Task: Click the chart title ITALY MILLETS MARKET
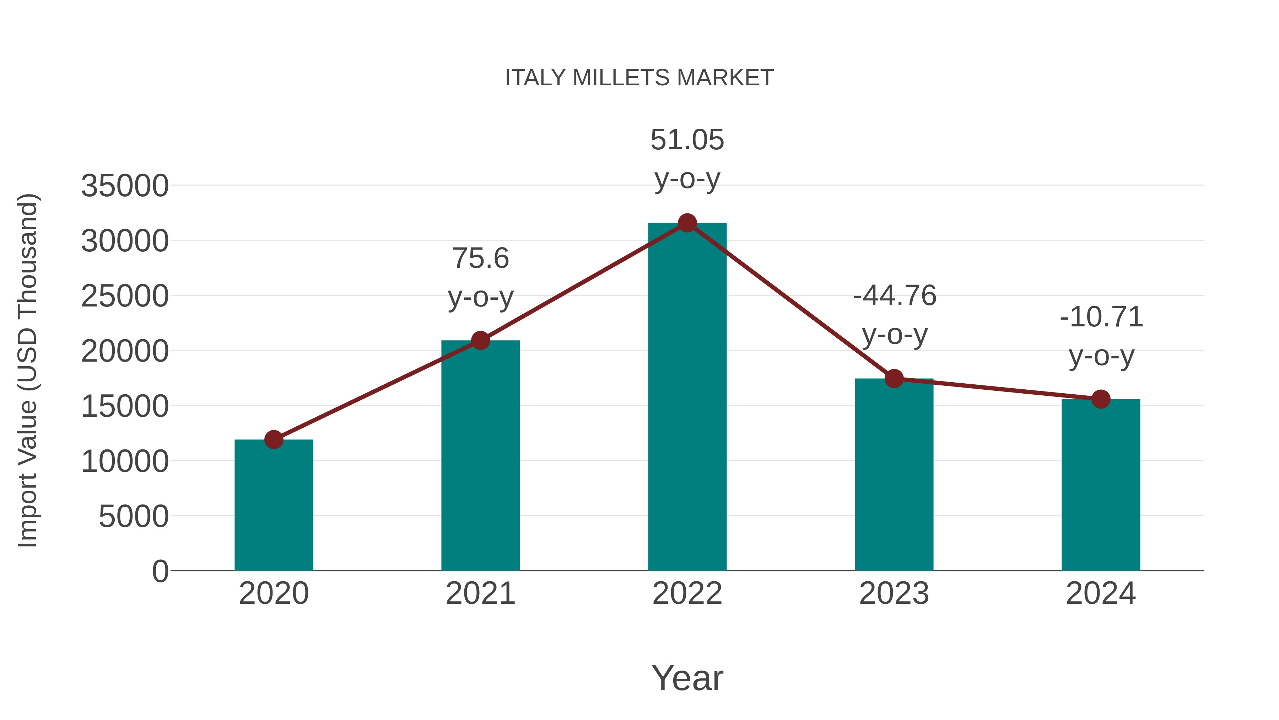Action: tap(639, 78)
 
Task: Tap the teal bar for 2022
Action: tap(687, 398)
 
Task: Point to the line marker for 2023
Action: tap(894, 379)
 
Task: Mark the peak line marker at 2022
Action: tap(687, 223)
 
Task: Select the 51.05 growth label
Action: tap(687, 140)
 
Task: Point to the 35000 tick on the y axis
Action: tap(125, 186)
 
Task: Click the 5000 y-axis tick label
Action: tap(134, 517)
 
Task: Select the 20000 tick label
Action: tap(125, 352)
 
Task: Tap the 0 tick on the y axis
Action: tap(160, 571)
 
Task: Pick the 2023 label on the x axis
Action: tap(894, 593)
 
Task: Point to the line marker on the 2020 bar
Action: tap(274, 439)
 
